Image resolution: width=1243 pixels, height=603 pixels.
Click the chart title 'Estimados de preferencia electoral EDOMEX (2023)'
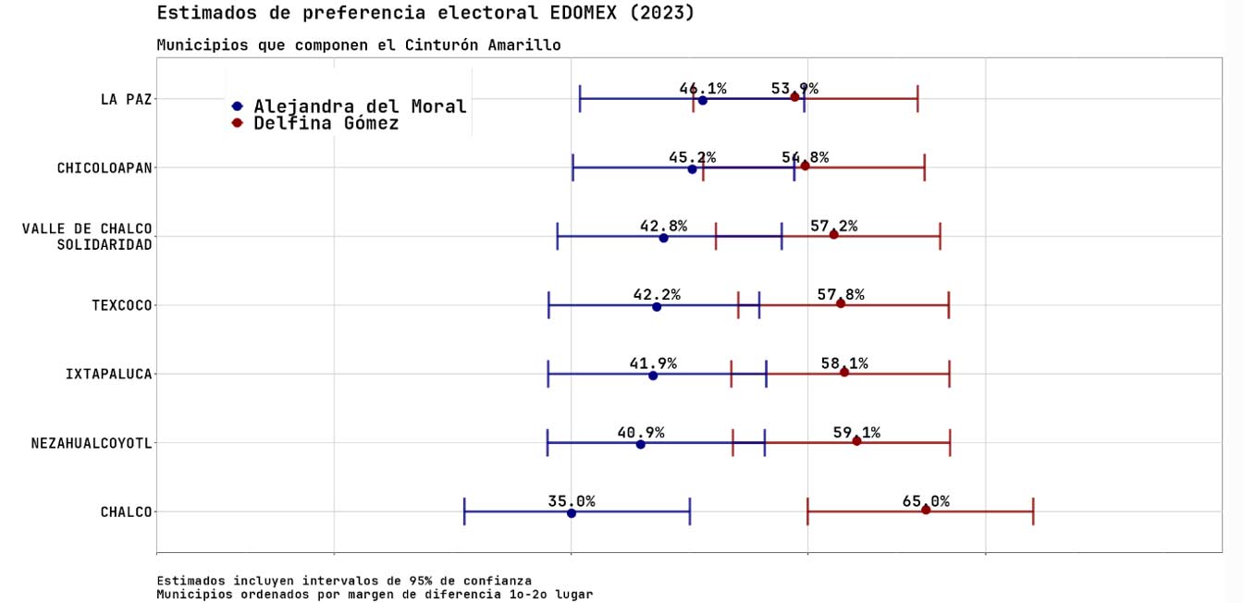coord(425,13)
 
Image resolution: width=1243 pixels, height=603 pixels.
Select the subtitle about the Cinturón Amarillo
coord(358,45)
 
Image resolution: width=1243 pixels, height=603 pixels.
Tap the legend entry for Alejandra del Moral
coord(360,106)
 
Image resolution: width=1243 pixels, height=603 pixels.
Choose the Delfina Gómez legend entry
coord(326,123)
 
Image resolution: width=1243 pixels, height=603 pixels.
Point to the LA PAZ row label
coord(126,99)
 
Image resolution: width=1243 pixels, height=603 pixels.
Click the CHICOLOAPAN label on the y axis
coord(105,168)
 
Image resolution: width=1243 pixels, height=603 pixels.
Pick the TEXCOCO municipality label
coord(121,305)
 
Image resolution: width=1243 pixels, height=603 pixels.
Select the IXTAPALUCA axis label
coord(108,375)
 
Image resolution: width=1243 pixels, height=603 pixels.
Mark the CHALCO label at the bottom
coord(126,512)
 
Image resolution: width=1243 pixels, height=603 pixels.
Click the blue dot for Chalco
coord(571,513)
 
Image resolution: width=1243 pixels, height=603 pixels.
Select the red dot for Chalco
coord(926,510)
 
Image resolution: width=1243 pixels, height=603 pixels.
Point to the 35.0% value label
coord(571,501)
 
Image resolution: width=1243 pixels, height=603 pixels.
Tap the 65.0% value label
coord(926,501)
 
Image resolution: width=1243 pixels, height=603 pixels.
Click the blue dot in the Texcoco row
coord(657,306)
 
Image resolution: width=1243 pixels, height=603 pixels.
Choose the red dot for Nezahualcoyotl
coord(856,441)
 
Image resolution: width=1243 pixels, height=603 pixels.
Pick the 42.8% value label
coord(663,226)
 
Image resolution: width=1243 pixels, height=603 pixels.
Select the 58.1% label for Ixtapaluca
coord(844,363)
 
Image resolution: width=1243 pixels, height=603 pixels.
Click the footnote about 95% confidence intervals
coord(344,581)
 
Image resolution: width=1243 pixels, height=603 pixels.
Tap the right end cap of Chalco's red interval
coord(1033,511)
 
